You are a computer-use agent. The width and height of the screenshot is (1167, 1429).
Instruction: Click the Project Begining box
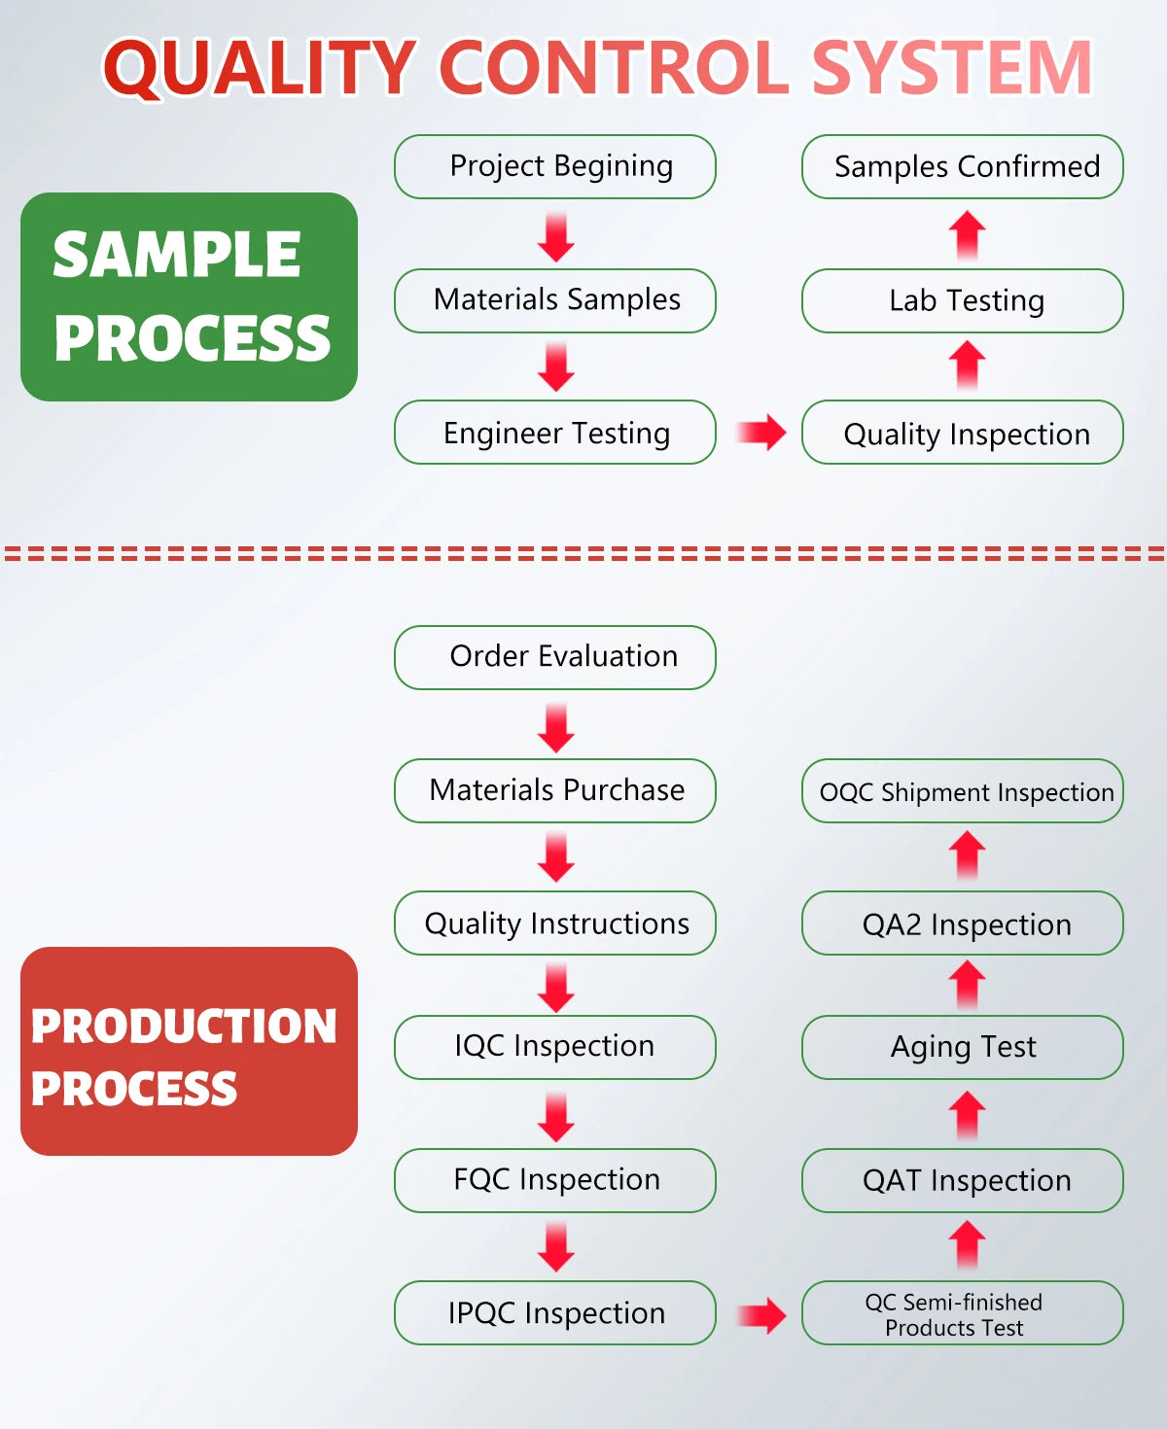[x=555, y=167]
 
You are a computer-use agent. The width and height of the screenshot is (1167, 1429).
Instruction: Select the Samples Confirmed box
[x=963, y=167]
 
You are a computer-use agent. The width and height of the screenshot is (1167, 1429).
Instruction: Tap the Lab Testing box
[x=963, y=301]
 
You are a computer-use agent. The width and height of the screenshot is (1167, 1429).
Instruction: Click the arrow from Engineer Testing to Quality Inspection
[x=760, y=433]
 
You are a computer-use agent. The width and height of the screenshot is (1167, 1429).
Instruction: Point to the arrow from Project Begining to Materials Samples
[x=556, y=236]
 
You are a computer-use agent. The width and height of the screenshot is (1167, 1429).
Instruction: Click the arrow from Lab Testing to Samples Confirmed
[x=967, y=234]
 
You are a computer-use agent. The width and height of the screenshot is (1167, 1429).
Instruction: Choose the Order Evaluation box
[x=555, y=657]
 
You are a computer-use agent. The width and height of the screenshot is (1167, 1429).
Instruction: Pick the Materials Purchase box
[x=555, y=790]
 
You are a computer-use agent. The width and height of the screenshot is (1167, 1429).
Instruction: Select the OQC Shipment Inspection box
[x=963, y=791]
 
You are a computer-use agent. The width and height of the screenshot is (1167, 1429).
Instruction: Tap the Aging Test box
[x=963, y=1047]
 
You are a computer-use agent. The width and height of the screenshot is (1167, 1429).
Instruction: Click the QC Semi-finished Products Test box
[x=963, y=1313]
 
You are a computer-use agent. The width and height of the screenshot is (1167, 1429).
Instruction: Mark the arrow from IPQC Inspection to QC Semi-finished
[x=760, y=1315]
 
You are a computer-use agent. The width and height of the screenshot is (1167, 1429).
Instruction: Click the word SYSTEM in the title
[x=952, y=68]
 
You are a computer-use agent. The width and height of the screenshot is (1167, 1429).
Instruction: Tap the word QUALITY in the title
[x=261, y=68]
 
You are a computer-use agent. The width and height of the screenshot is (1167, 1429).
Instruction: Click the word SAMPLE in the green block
[x=176, y=255]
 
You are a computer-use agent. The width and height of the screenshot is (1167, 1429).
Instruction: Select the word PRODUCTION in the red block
[x=184, y=1027]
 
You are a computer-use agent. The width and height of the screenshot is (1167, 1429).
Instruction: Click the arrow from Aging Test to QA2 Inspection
[x=967, y=984]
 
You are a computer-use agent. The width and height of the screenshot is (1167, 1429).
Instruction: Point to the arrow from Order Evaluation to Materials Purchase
[x=556, y=727]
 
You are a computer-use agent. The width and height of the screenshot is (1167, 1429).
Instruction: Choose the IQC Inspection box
[x=555, y=1047]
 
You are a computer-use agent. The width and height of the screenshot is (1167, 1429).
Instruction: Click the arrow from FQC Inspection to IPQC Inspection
[x=556, y=1247]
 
